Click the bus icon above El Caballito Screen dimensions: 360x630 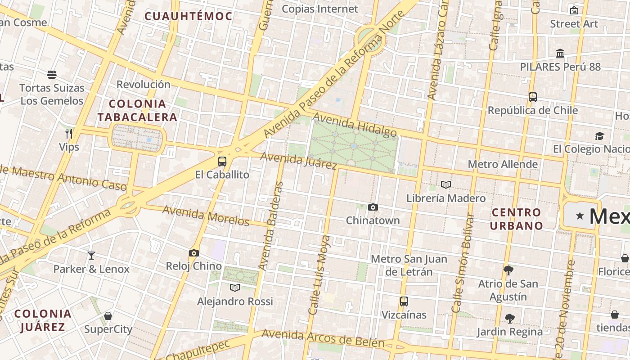pyautogui.click(x=222, y=162)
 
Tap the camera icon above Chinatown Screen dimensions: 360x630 pyautogui.click(x=373, y=207)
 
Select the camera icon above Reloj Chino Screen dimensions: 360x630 pyautogui.click(x=194, y=253)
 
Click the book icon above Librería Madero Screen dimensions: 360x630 pyautogui.click(x=446, y=185)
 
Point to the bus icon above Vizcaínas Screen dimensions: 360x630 pyautogui.click(x=404, y=301)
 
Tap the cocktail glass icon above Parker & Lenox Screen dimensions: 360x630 pyautogui.click(x=91, y=256)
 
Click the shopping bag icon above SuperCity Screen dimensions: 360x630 pyautogui.click(x=108, y=316)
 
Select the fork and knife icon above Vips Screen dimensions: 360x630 pyautogui.click(x=69, y=134)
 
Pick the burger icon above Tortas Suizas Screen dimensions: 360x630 pyautogui.click(x=52, y=75)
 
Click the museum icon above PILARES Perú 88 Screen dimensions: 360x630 pyautogui.click(x=560, y=54)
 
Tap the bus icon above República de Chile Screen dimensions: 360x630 pyautogui.click(x=533, y=97)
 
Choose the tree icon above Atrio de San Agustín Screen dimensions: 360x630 pyautogui.click(x=508, y=270)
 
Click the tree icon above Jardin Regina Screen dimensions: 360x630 pyautogui.click(x=510, y=319)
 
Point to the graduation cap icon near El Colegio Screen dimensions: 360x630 pyautogui.click(x=599, y=136)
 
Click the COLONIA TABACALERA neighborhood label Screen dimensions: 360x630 pyautogui.click(x=138, y=111)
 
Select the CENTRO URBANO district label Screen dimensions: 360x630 pyautogui.click(x=516, y=219)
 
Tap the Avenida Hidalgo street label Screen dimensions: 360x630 pyautogui.click(x=355, y=125)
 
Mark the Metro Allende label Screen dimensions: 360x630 pyautogui.click(x=503, y=164)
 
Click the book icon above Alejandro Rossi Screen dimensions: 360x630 pyautogui.click(x=235, y=288)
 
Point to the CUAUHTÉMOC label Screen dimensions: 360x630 pyautogui.click(x=188, y=17)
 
